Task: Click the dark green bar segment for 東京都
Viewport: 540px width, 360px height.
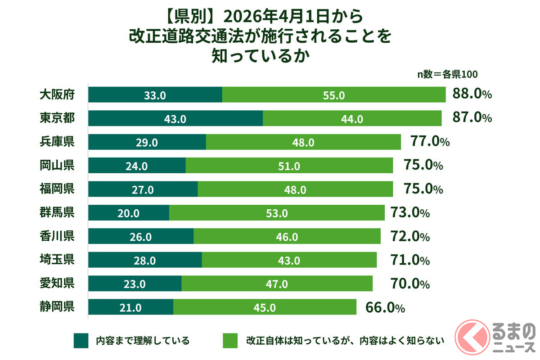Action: coord(175,118)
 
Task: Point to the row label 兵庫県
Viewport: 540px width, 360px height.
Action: coord(57,142)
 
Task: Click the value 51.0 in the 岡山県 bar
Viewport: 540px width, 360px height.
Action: coord(290,166)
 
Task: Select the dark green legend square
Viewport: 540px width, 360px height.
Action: coord(81,341)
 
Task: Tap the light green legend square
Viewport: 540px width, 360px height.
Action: coord(230,341)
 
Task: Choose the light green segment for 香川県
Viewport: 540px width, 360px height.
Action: coord(287,237)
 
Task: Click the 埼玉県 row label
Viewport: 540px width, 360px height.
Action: coord(57,260)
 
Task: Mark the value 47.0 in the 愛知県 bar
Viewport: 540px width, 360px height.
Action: coord(277,284)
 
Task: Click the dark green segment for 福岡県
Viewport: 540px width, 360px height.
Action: coord(143,189)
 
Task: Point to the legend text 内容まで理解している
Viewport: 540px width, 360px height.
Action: coord(142,341)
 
